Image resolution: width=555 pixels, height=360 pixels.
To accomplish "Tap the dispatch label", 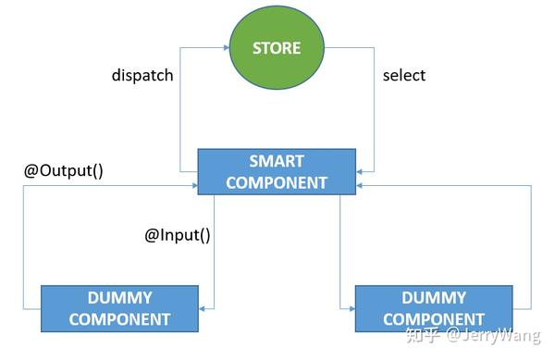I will (x=142, y=76).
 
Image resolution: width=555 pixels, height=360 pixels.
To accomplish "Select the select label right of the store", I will (x=404, y=76).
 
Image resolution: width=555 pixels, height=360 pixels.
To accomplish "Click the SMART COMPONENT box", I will (x=277, y=171).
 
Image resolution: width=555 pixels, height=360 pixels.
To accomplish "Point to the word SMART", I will (x=277, y=161).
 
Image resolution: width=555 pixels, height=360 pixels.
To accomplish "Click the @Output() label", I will (x=62, y=171).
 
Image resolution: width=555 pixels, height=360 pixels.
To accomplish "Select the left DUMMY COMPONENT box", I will (x=119, y=308).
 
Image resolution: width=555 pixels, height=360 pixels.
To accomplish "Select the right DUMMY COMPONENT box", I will (x=434, y=308).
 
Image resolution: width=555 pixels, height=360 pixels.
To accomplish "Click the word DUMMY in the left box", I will (x=119, y=298).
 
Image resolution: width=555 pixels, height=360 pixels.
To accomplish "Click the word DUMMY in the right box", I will (x=434, y=298).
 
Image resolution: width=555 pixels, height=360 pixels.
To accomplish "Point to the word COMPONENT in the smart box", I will (x=277, y=182).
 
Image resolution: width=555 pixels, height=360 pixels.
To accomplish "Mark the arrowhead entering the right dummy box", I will (x=351, y=309).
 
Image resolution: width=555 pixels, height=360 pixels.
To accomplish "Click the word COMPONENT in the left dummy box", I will (x=119, y=319).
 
